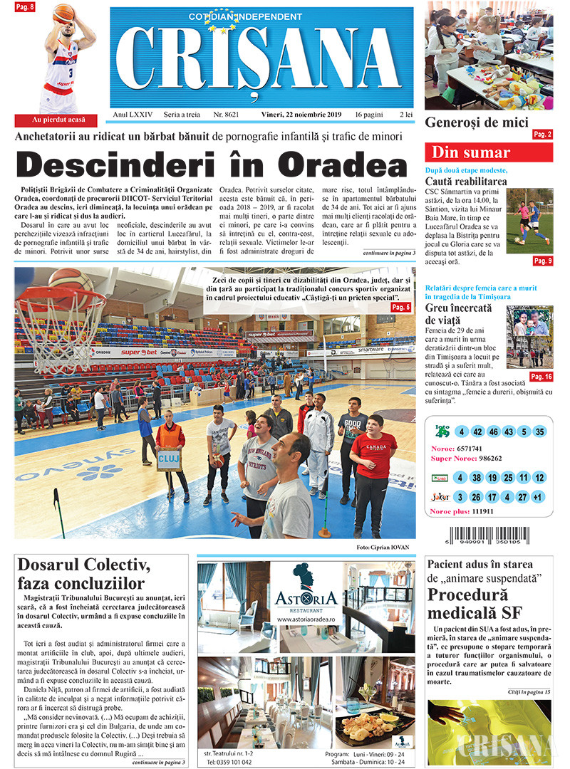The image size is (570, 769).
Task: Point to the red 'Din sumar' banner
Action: point(489,152)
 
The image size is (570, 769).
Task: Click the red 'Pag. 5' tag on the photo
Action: point(401,307)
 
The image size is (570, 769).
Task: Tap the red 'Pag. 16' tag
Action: point(541,377)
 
